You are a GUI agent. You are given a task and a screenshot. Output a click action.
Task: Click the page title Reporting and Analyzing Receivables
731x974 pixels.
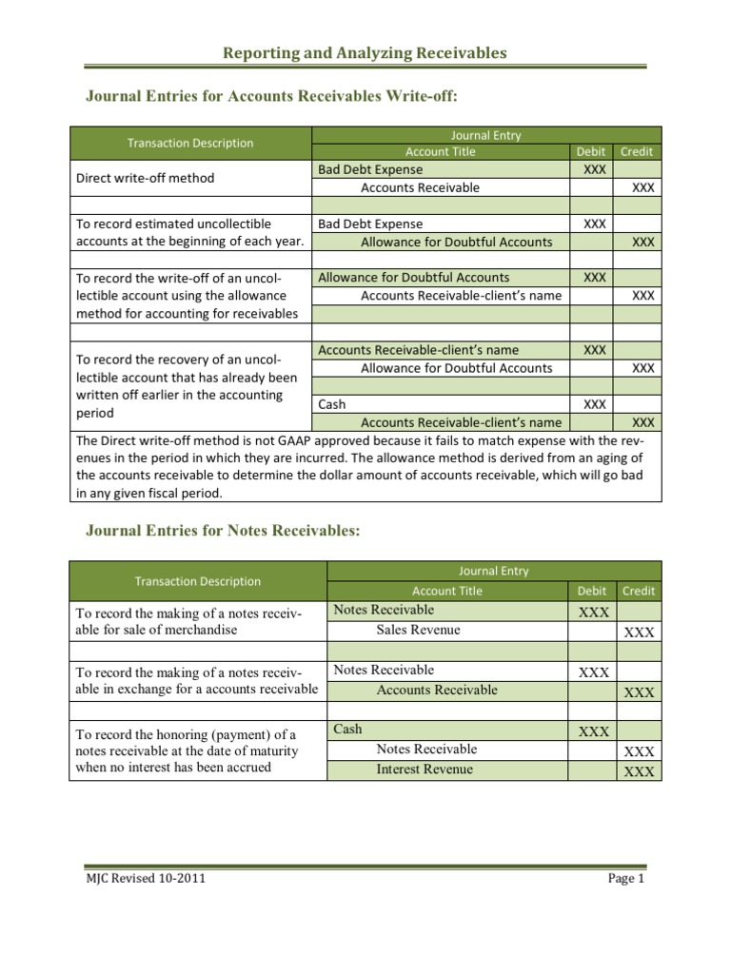[365, 53]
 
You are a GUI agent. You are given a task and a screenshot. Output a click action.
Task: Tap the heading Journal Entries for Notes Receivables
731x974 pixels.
[224, 531]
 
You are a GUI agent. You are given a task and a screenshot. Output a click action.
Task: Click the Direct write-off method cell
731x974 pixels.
[146, 178]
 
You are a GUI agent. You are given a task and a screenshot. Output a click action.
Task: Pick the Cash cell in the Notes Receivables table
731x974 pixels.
[348, 729]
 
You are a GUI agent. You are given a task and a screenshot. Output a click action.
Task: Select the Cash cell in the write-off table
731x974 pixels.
[332, 404]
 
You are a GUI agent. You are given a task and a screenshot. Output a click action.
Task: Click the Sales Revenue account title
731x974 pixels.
[418, 630]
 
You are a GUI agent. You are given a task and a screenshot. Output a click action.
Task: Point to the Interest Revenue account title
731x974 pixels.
[425, 769]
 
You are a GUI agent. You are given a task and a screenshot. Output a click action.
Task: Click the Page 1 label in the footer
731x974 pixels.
[626, 878]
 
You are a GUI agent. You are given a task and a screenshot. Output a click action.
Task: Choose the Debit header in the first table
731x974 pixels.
[591, 151]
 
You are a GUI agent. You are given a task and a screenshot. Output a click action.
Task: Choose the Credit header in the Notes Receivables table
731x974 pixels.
[638, 591]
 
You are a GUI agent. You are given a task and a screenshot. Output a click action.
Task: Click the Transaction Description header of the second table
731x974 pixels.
[198, 581]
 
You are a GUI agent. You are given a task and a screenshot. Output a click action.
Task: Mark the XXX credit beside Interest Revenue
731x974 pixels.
[639, 771]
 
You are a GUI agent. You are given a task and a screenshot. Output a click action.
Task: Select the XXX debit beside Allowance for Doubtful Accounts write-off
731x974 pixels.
[594, 277]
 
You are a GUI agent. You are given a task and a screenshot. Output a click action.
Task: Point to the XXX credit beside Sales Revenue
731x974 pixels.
[639, 633]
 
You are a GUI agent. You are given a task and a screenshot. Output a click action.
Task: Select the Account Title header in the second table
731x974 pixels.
[446, 591]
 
